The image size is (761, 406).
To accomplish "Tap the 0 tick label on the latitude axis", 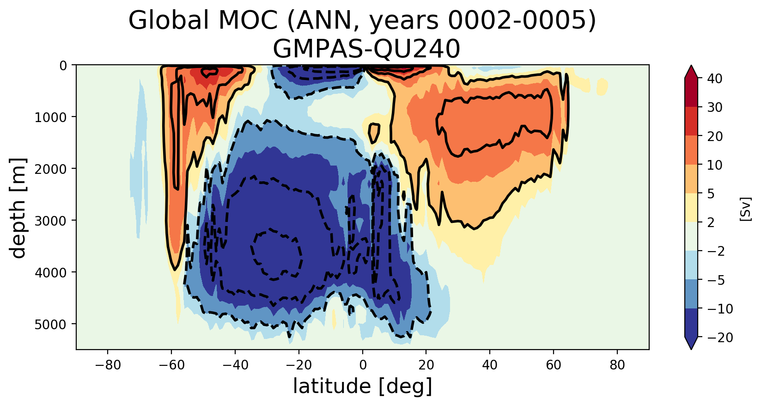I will pyautogui.click(x=363, y=365).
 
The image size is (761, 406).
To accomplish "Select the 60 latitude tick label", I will pyautogui.click(x=554, y=365).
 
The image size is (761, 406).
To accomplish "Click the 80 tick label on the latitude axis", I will pyautogui.click(x=617, y=365).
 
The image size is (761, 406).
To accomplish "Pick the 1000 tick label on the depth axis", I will pyautogui.click(x=51, y=117).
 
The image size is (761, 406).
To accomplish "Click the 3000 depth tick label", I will pyautogui.click(x=51, y=221).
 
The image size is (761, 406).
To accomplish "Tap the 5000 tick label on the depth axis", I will pyautogui.click(x=51, y=324).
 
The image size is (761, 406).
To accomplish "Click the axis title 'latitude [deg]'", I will pyautogui.click(x=363, y=387).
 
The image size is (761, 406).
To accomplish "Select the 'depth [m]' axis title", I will pyautogui.click(x=18, y=208).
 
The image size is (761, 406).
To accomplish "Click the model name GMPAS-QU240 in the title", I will pyautogui.click(x=366, y=49).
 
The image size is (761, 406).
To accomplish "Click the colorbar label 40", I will pyautogui.click(x=714, y=79).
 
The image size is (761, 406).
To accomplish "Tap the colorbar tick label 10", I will pyautogui.click(x=714, y=165).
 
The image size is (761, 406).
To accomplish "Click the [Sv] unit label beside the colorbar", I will pyautogui.click(x=745, y=209).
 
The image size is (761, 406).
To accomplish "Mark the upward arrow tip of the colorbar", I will pyautogui.click(x=691, y=68).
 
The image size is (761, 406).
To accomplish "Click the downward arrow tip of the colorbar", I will pyautogui.click(x=691, y=348).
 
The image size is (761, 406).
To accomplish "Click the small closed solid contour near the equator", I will pyautogui.click(x=374, y=133).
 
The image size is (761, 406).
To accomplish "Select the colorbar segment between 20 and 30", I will pyautogui.click(x=691, y=121).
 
